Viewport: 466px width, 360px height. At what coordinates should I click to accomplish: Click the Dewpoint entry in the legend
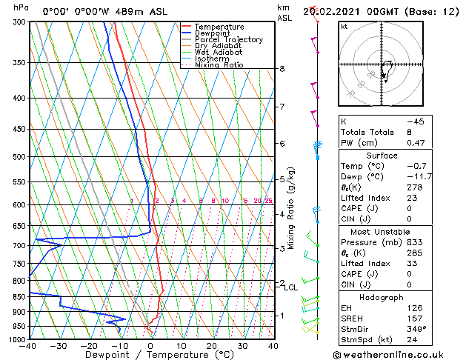click(x=213, y=33)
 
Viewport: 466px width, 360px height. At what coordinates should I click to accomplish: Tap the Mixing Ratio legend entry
click(x=219, y=65)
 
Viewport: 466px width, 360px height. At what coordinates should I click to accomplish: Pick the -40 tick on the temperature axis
click(x=29, y=346)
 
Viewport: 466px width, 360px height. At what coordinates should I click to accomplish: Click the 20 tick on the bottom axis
click(x=212, y=346)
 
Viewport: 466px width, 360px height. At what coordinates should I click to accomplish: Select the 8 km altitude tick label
click(x=282, y=69)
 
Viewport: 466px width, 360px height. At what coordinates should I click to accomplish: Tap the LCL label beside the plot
click(x=291, y=287)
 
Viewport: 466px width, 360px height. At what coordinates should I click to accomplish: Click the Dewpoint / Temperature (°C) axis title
click(x=150, y=355)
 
